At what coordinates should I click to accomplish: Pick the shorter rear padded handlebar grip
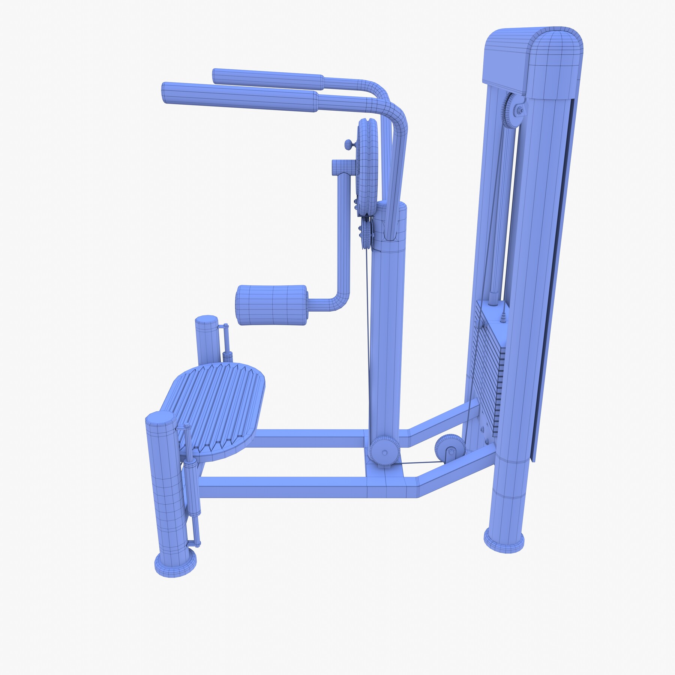268,77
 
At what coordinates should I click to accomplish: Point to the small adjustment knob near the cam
349,144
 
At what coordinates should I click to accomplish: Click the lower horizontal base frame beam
300,487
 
